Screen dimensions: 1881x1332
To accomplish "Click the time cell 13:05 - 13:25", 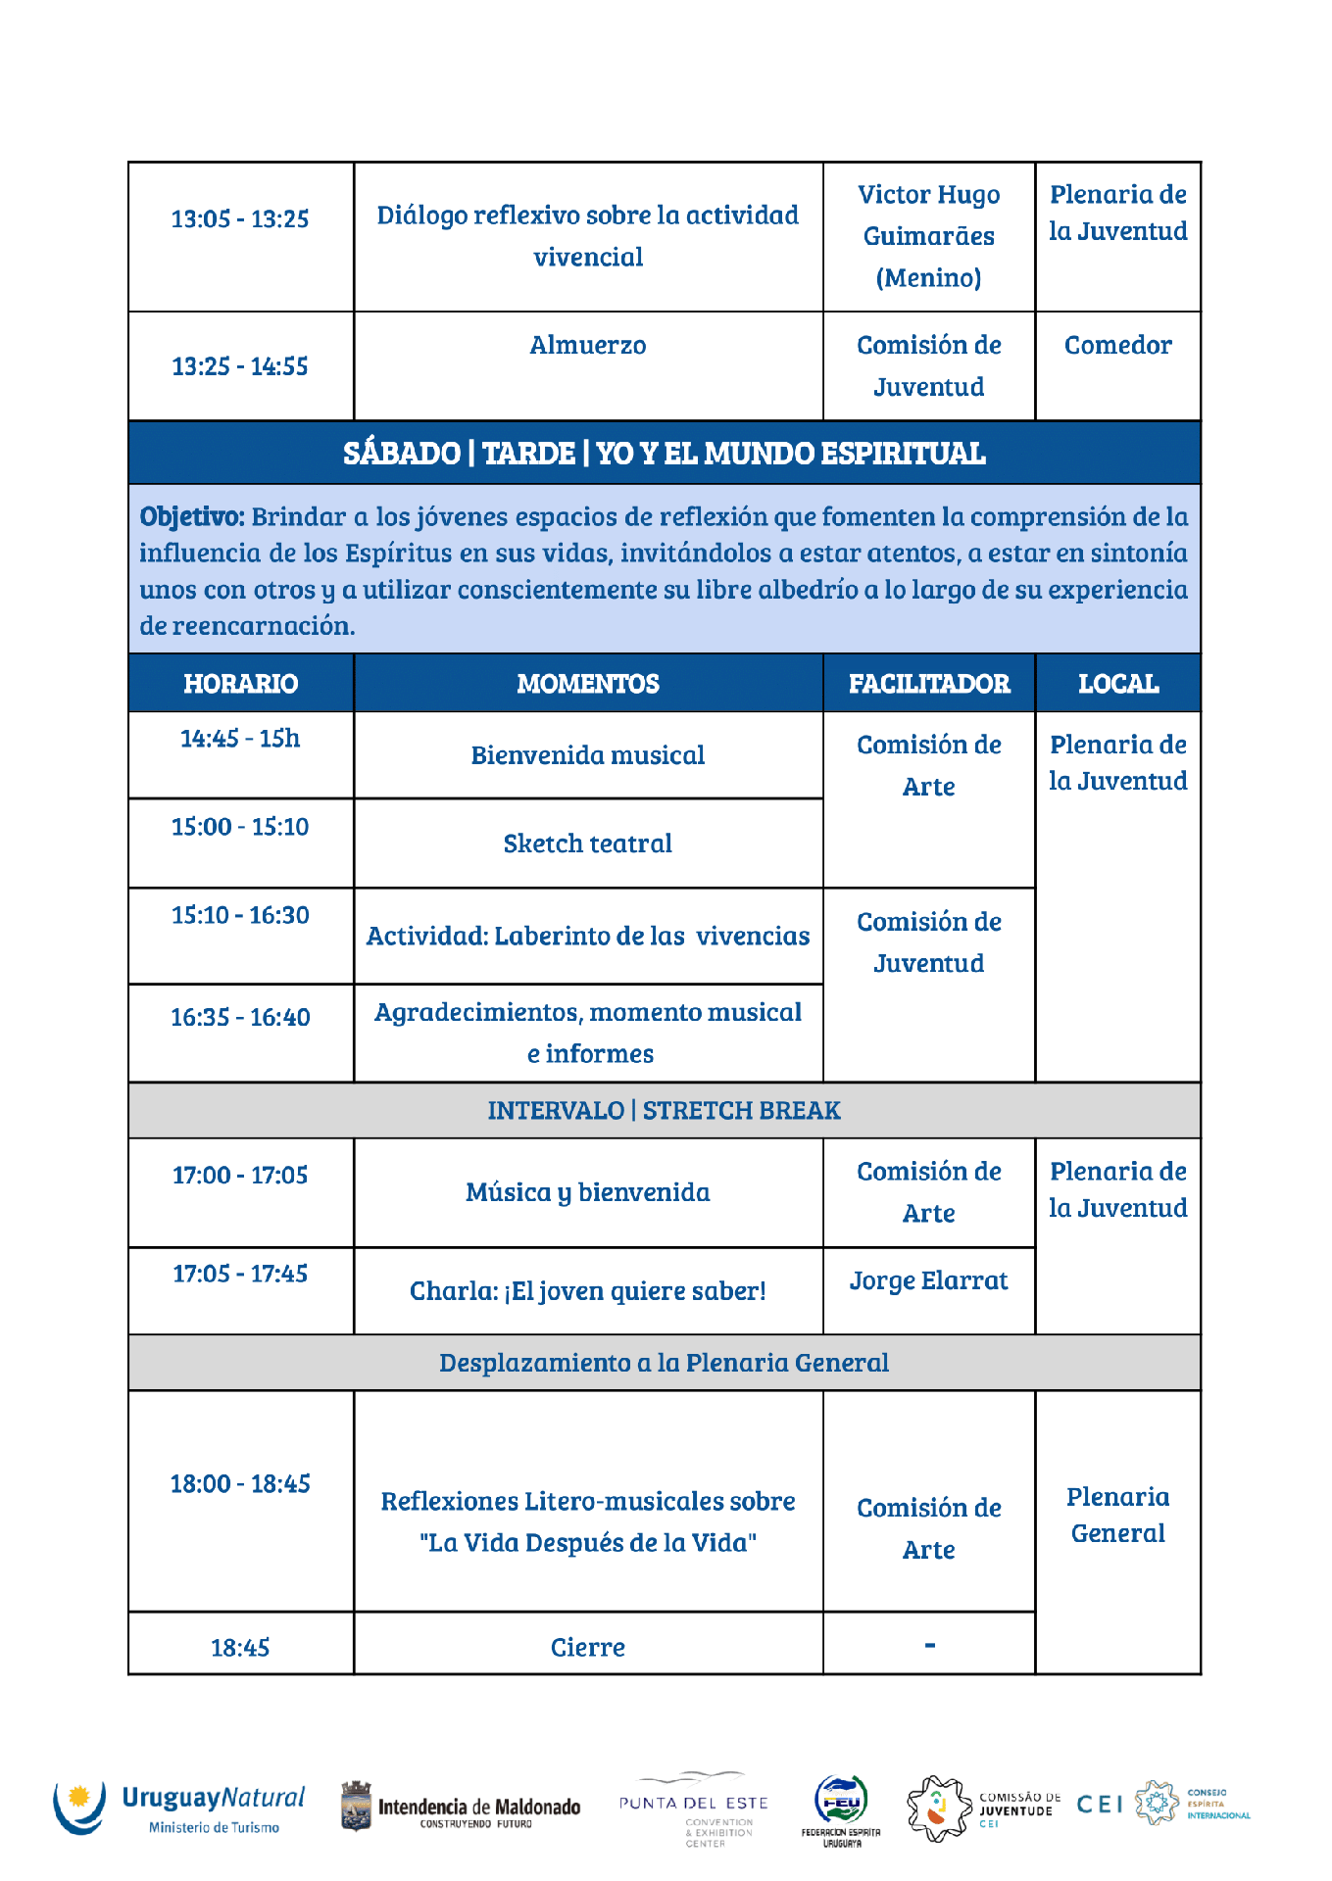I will pos(240,218).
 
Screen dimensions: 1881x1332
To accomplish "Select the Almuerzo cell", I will pos(587,345).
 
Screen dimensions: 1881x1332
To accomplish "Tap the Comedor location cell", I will pos(1117,345).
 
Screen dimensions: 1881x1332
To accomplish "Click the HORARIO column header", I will pos(240,683).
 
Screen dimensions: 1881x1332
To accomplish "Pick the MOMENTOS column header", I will pos(587,683).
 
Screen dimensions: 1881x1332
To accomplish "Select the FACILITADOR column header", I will pos(928,683).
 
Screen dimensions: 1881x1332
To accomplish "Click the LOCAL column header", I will pos(1117,683).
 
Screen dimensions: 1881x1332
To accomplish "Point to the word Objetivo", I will pos(191,516).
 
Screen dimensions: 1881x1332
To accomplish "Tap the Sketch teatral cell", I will pos(587,844).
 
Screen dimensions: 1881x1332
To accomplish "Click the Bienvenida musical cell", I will pos(587,755).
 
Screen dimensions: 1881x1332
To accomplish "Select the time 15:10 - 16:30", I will pos(240,915).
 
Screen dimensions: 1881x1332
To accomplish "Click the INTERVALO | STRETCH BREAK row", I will pos(664,1110).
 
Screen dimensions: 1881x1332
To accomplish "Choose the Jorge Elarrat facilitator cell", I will pos(928,1280).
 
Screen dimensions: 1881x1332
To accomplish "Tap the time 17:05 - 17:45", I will pos(240,1274).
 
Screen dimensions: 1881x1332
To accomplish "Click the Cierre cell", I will pos(587,1647).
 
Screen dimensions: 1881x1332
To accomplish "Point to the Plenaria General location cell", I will pos(1117,1515).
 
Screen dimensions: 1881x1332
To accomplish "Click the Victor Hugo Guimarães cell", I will pos(928,236).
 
